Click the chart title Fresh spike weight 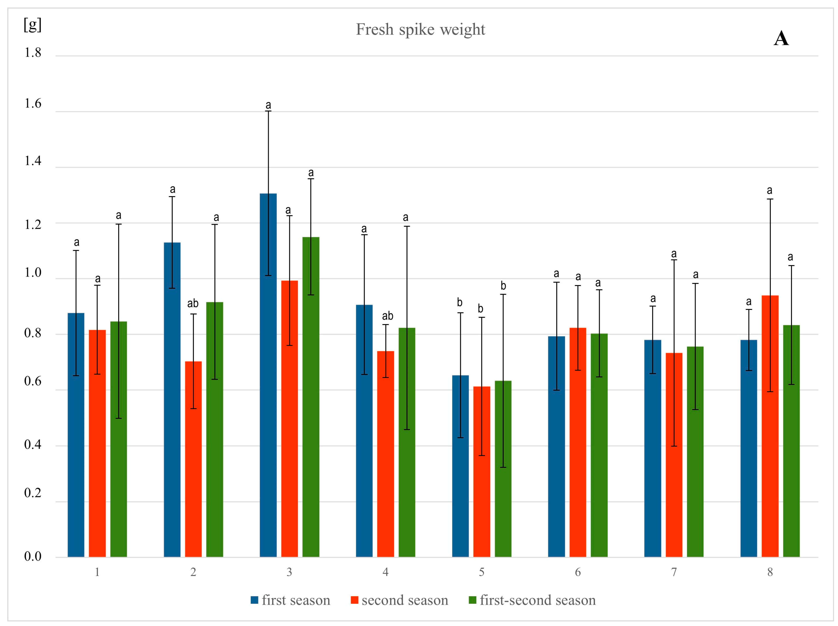(x=420, y=30)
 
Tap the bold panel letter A (x=781, y=39)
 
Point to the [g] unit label (x=33, y=25)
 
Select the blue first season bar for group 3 (x=268, y=375)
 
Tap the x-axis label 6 (x=577, y=572)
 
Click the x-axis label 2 (x=193, y=572)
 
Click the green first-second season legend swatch (x=472, y=600)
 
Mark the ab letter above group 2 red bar (x=193, y=303)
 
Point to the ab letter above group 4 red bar (x=387, y=316)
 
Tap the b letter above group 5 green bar (x=503, y=286)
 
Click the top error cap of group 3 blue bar (x=268, y=111)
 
